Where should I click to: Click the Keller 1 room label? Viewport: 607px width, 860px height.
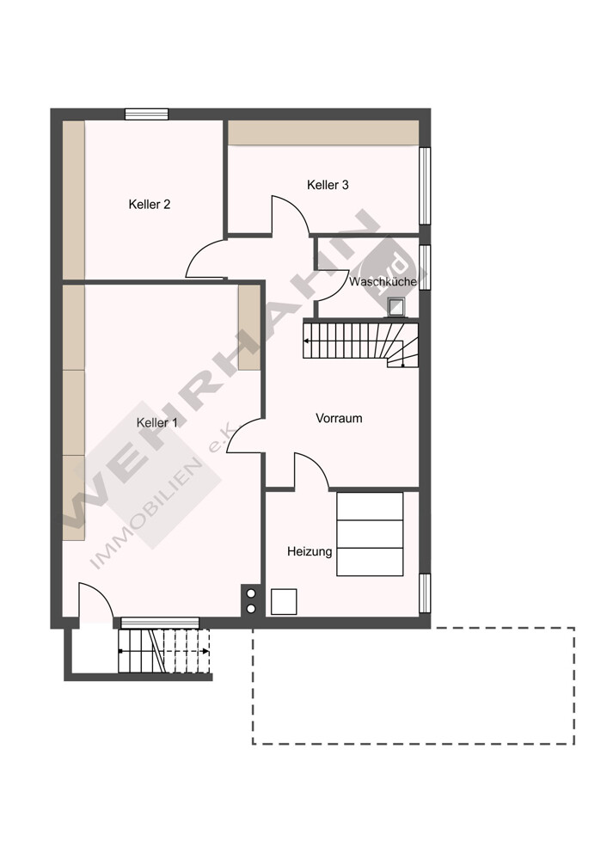pos(156,423)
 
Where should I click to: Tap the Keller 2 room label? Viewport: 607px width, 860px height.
pos(149,205)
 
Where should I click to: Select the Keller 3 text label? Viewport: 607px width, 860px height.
pos(328,186)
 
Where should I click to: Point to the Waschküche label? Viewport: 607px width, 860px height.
pos(383,282)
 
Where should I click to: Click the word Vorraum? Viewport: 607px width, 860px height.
pos(339,419)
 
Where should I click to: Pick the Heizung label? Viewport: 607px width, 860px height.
pos(310,552)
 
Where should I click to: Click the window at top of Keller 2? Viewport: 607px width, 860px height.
pos(146,114)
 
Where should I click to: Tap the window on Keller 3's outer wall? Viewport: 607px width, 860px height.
pos(425,186)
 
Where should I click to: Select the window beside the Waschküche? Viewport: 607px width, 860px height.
pos(425,267)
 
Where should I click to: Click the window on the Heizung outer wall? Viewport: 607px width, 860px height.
pos(425,593)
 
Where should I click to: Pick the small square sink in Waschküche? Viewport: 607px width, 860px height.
pos(395,307)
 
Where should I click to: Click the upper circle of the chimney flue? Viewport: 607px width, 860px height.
pos(251,593)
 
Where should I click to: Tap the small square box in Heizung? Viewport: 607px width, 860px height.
pos(284,602)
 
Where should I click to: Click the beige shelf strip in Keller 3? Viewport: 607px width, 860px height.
pos(323,132)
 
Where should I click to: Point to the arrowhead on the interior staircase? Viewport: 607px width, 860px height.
pos(306,341)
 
